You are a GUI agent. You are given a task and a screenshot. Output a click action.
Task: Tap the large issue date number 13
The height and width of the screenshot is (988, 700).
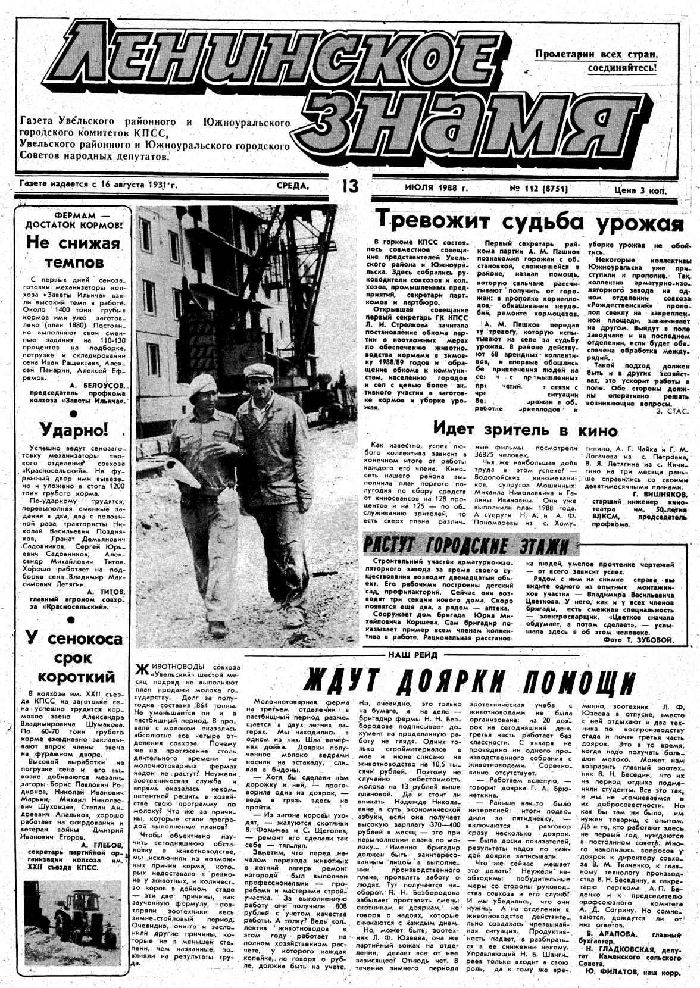(349, 186)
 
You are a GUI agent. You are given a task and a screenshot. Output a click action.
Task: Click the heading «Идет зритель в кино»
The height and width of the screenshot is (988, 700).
(516, 429)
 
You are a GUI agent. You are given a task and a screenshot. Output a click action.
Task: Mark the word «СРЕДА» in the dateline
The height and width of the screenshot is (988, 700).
(293, 186)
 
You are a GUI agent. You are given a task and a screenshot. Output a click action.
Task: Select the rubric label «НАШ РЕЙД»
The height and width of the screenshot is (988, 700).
(412, 655)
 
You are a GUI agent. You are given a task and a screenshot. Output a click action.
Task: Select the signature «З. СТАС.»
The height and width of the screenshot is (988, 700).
(671, 411)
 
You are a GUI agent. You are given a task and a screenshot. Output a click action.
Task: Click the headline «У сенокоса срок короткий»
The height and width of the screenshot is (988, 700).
(73, 658)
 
